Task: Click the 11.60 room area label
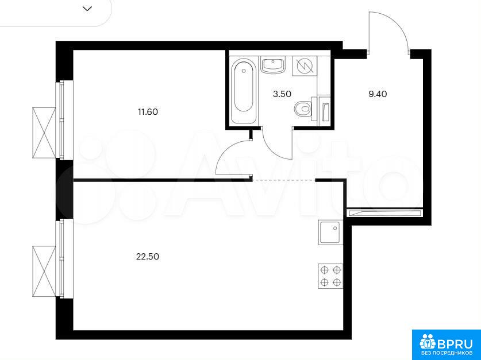coord(148,112)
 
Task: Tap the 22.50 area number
coord(148,257)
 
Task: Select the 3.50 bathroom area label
coord(282,94)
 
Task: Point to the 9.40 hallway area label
coord(378,94)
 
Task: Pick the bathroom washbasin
coord(273,65)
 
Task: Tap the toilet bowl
coord(303,109)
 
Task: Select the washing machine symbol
coord(305,66)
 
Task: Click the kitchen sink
coord(330,233)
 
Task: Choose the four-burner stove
coord(330,276)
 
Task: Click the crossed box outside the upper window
coord(44,133)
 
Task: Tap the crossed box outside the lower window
coord(44,272)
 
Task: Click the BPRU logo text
coord(455,344)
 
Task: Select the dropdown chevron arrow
coord(87,9)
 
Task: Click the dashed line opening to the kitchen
coord(284,180)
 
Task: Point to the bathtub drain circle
coord(244,71)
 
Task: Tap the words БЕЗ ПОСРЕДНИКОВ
coord(447,353)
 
